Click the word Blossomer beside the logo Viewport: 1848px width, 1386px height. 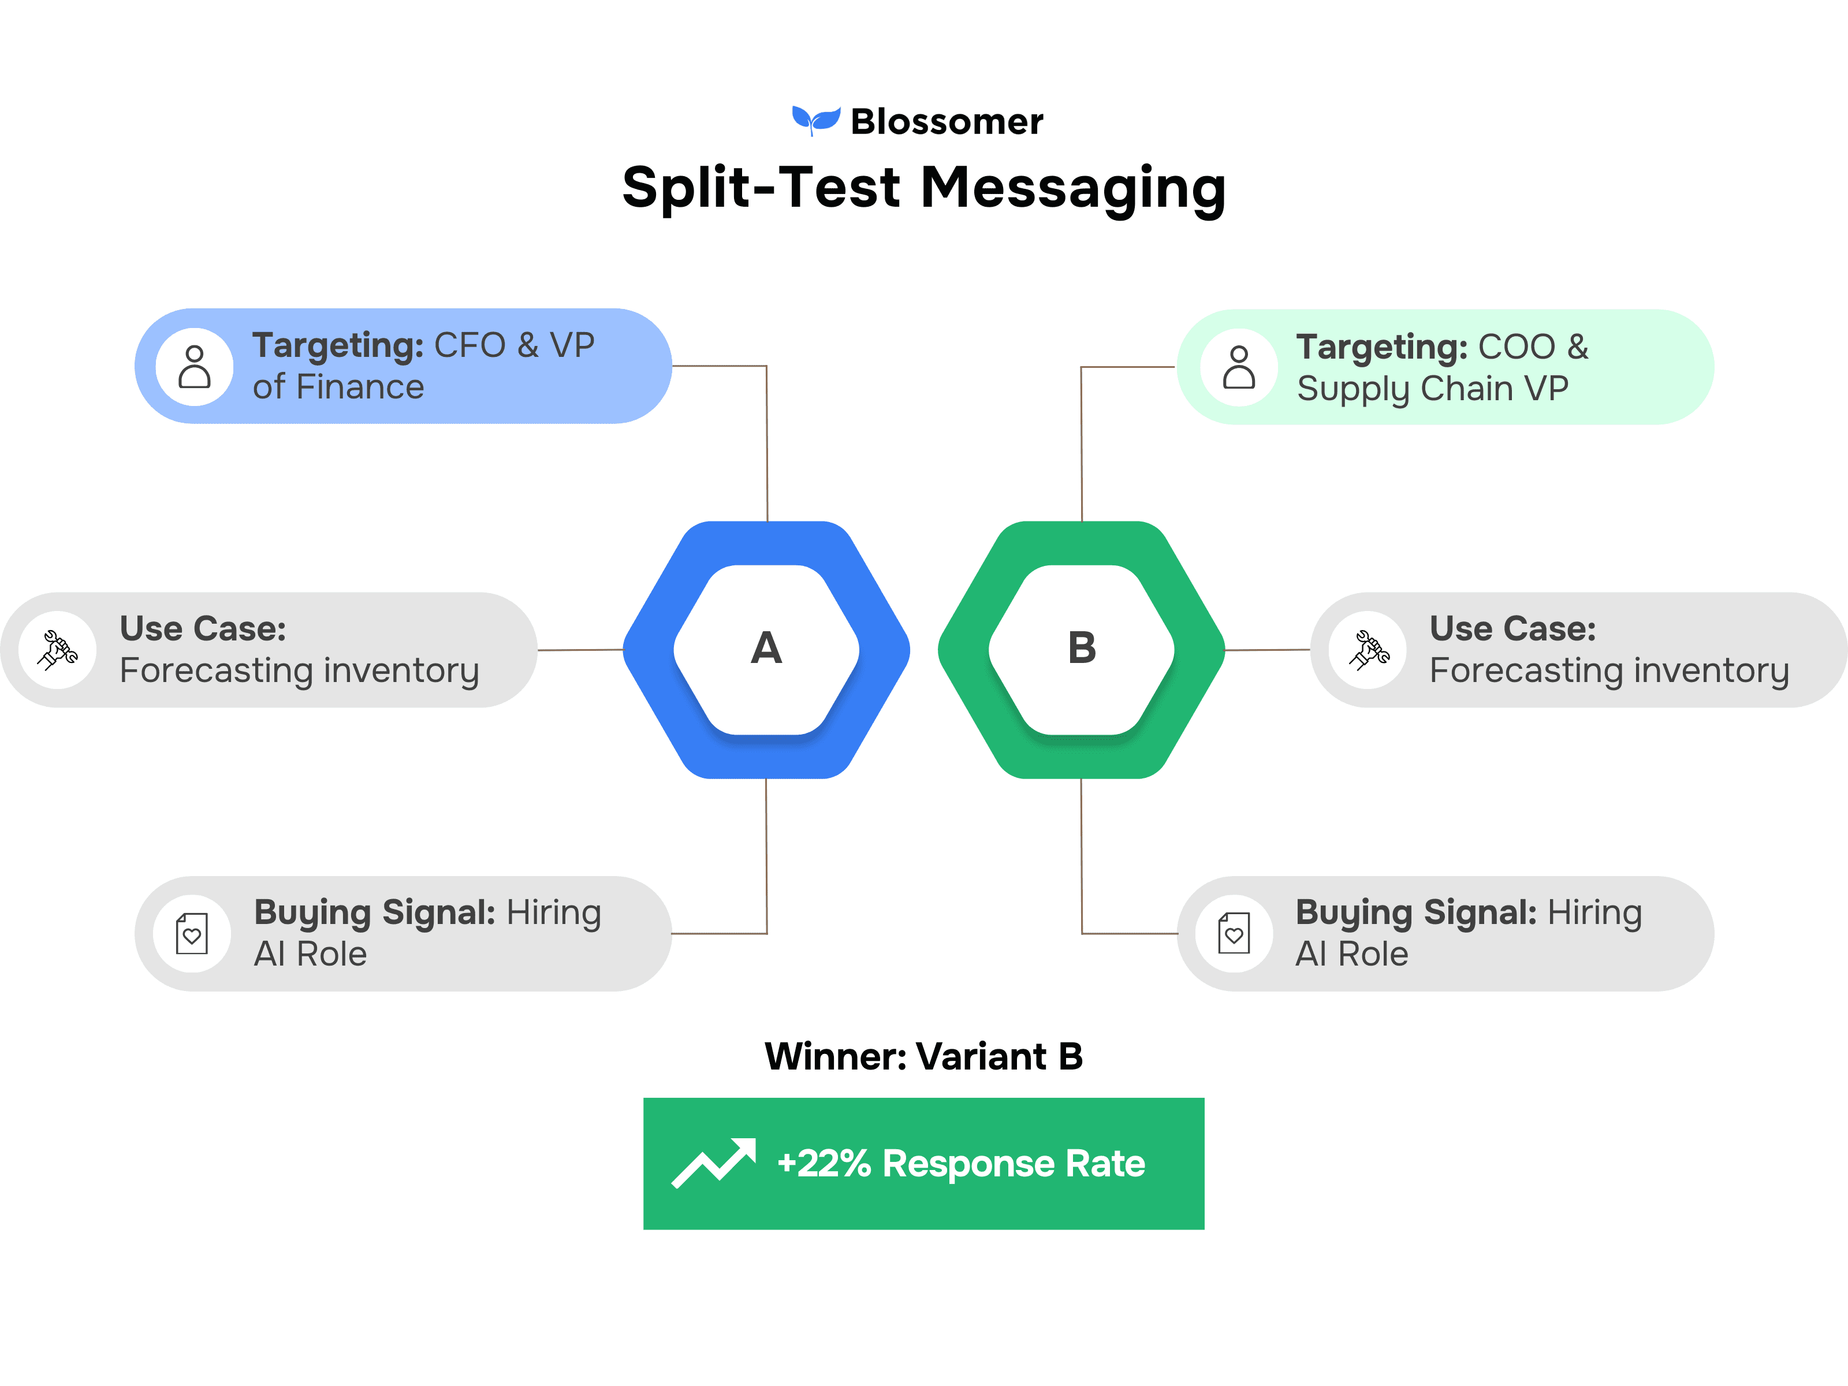click(x=947, y=122)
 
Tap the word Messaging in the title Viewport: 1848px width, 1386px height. click(x=1074, y=189)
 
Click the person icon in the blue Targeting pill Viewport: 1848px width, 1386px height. click(x=195, y=367)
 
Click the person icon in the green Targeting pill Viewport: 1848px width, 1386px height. click(x=1239, y=368)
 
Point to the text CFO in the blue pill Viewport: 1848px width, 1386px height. click(x=470, y=345)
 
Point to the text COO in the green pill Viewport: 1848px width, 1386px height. click(x=1517, y=346)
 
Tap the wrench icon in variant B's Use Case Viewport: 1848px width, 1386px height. click(x=1369, y=650)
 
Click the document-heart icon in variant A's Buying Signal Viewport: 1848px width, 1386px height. click(x=192, y=933)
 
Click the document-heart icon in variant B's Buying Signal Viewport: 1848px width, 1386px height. click(x=1234, y=933)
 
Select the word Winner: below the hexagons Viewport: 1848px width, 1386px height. click(x=836, y=1056)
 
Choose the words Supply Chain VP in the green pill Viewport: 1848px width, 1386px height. click(x=1433, y=389)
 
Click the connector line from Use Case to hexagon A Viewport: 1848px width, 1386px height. click(x=580, y=650)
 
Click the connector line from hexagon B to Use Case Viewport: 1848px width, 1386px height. click(x=1268, y=650)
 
